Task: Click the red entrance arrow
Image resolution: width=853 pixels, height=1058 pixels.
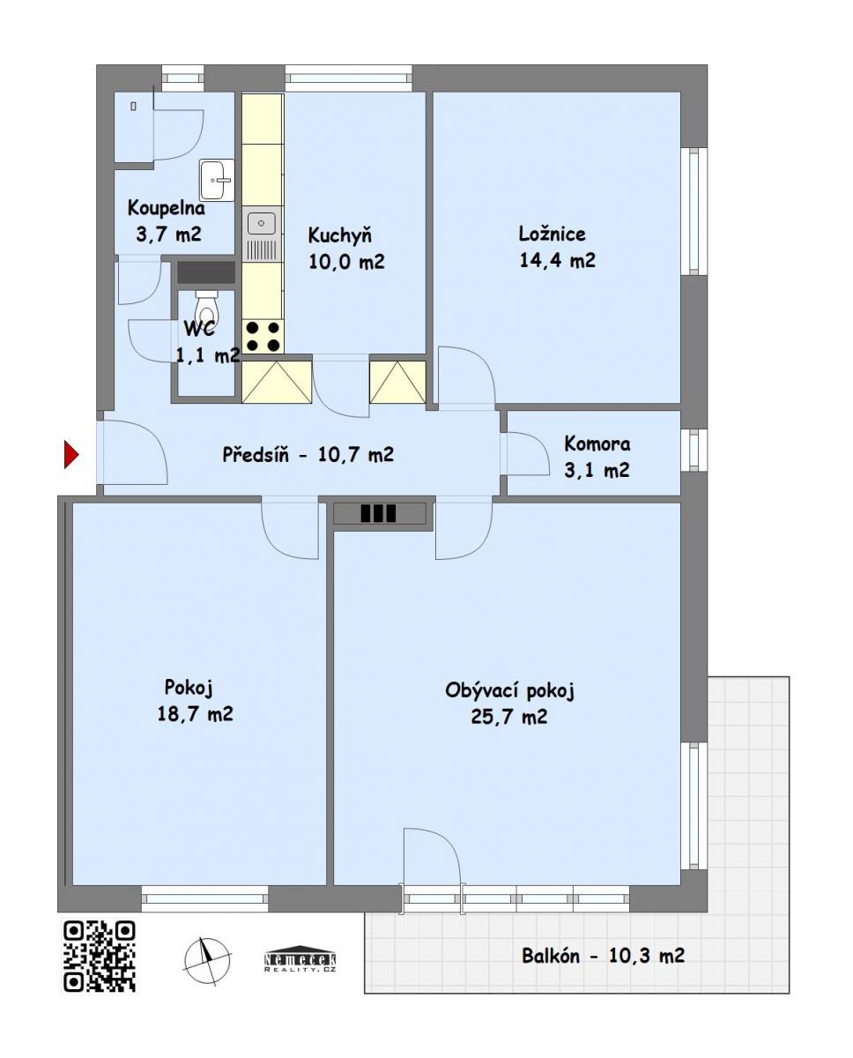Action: (x=71, y=455)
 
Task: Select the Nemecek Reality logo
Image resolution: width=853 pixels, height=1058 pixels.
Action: (x=300, y=958)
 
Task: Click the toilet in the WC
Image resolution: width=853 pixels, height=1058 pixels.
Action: (x=206, y=307)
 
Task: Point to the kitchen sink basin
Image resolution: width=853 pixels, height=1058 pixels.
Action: (x=261, y=224)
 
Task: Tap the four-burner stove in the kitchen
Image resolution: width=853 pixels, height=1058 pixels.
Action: (x=263, y=336)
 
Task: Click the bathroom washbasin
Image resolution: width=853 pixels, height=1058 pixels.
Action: (x=217, y=180)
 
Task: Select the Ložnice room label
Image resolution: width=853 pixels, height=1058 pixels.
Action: (x=552, y=234)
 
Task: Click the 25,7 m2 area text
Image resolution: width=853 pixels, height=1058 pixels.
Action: (x=509, y=716)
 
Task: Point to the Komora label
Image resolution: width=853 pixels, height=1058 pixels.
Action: (x=597, y=444)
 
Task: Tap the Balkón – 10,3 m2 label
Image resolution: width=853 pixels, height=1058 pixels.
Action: (x=603, y=956)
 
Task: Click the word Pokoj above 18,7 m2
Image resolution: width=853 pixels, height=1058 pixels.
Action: (x=189, y=688)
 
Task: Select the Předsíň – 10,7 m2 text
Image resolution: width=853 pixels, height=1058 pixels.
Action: (x=308, y=454)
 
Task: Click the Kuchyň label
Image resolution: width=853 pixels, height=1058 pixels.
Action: (x=339, y=235)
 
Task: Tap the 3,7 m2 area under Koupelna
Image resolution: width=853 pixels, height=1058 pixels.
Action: (x=168, y=234)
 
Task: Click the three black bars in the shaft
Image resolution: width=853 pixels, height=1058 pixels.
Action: (x=378, y=514)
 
